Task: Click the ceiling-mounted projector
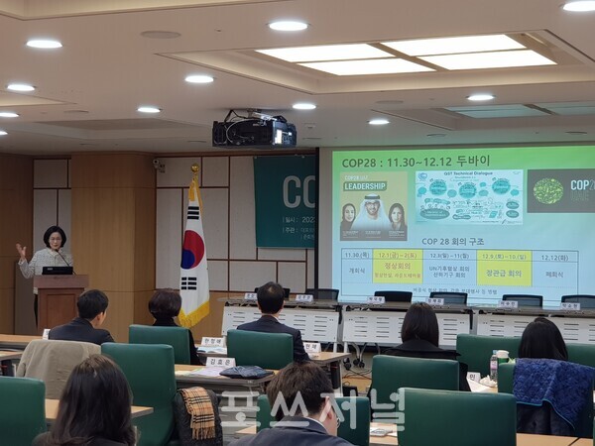pyautogui.click(x=254, y=131)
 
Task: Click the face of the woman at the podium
pyautogui.click(x=54, y=239)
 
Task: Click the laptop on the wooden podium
pyautogui.click(x=57, y=270)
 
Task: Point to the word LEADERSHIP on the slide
pyautogui.click(x=364, y=185)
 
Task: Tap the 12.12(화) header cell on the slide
pyautogui.click(x=556, y=254)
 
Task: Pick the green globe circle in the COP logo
pyautogui.click(x=547, y=190)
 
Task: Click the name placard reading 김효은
pyautogui.click(x=219, y=362)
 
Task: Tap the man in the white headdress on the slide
pyautogui.click(x=373, y=213)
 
